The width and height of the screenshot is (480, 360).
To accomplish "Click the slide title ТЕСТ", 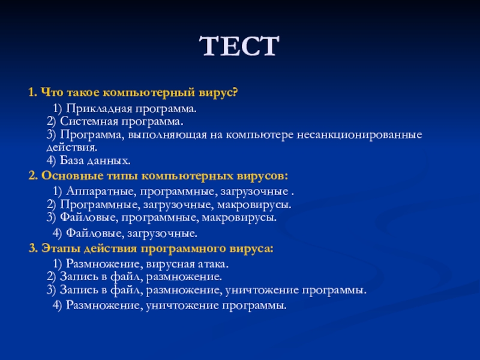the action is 239,46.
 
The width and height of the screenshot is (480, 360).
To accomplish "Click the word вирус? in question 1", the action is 218,92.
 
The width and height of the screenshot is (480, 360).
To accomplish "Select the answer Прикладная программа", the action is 131,109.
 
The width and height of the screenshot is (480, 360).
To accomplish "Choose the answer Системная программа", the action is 122,122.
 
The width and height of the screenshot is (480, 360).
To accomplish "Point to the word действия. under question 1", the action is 72,148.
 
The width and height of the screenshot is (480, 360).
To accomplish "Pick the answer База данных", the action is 95,160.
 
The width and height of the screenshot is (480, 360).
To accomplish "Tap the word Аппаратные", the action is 101,191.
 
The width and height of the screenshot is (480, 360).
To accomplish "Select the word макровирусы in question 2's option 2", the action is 254,205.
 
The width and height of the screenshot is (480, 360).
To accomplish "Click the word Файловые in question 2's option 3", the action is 89,217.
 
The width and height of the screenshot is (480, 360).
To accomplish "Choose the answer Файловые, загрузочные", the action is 131,233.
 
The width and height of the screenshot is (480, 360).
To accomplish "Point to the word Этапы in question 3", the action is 61,248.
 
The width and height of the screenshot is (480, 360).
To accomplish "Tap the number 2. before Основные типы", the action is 33,176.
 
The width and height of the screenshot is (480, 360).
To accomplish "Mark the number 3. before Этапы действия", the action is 33,248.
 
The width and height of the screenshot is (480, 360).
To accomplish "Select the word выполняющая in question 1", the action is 167,135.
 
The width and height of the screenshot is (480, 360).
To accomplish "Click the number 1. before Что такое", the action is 33,92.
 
